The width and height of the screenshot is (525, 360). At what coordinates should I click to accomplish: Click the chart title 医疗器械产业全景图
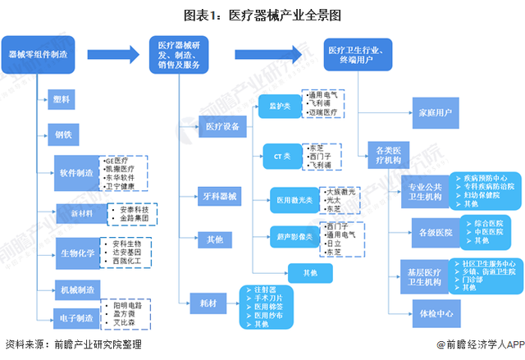point(262,14)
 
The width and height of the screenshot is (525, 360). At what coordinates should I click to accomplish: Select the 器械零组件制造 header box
point(38,54)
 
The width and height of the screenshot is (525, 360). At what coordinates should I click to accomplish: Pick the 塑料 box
point(62,99)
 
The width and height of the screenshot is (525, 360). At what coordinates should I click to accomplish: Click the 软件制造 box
point(75,172)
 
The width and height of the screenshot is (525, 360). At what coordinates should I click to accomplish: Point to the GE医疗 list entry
point(116,160)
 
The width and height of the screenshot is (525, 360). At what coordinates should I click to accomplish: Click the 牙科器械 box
point(219,197)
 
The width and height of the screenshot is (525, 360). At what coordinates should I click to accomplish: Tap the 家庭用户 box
point(434,112)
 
